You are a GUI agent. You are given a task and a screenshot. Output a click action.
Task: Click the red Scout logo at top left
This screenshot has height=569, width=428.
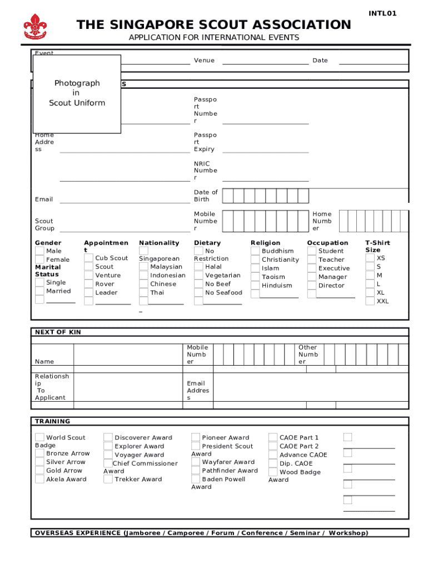36,27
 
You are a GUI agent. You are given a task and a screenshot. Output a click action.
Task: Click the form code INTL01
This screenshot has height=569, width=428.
382,13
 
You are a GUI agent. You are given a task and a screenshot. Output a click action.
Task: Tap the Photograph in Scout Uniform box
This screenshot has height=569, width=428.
77,93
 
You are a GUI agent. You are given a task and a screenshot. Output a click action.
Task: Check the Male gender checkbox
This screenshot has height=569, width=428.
39,251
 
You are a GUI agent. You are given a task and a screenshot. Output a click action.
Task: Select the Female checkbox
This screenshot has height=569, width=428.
39,260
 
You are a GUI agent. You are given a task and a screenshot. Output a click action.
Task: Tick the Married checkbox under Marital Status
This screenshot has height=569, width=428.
39,291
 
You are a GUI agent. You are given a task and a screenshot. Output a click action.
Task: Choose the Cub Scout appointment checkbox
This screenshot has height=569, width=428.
88,258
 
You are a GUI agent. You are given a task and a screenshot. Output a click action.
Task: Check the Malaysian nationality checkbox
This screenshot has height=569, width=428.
143,267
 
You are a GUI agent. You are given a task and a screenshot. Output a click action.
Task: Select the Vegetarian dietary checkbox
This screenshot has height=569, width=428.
198,275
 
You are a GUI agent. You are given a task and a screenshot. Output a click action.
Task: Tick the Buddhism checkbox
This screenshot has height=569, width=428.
255,251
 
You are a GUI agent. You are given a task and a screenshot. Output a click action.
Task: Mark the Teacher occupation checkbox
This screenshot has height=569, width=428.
312,259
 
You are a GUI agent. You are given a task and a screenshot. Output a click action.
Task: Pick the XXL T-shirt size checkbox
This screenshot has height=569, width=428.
370,301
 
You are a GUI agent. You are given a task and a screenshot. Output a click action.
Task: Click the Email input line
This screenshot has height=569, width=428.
125,199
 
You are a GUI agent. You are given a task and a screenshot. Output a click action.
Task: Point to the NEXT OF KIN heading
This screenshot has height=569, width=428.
58,332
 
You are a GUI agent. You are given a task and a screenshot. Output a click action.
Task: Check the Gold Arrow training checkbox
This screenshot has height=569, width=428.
39,471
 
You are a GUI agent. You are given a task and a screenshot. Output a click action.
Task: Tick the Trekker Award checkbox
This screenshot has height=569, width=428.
108,479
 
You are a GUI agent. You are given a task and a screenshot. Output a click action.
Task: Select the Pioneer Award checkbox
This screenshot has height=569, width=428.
196,437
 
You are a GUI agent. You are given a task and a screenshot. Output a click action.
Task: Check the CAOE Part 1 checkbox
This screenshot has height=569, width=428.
273,437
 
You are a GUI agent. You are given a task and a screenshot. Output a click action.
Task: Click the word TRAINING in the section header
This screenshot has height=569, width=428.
53,421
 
